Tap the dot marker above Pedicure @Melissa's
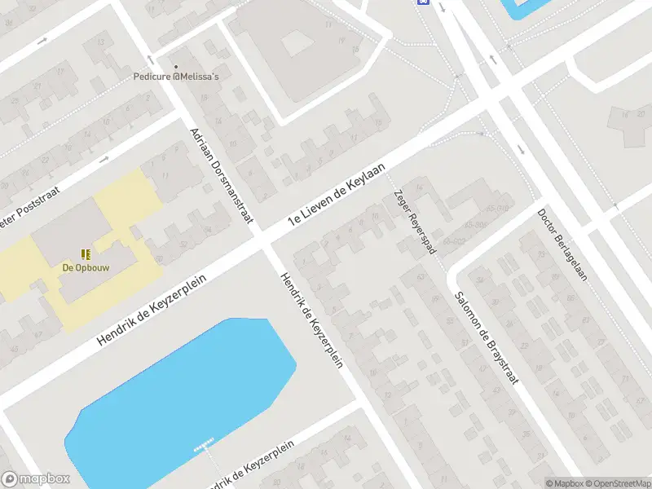coord(175,67)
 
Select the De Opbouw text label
coord(86,267)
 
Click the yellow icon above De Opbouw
coord(86,254)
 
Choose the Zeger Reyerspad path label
coord(415,222)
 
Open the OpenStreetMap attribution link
coord(617,483)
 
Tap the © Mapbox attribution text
coord(566,483)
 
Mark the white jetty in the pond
coord(204,445)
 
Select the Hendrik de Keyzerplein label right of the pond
coord(310,319)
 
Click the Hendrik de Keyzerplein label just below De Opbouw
coord(151,309)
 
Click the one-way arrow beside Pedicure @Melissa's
coord(150,59)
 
